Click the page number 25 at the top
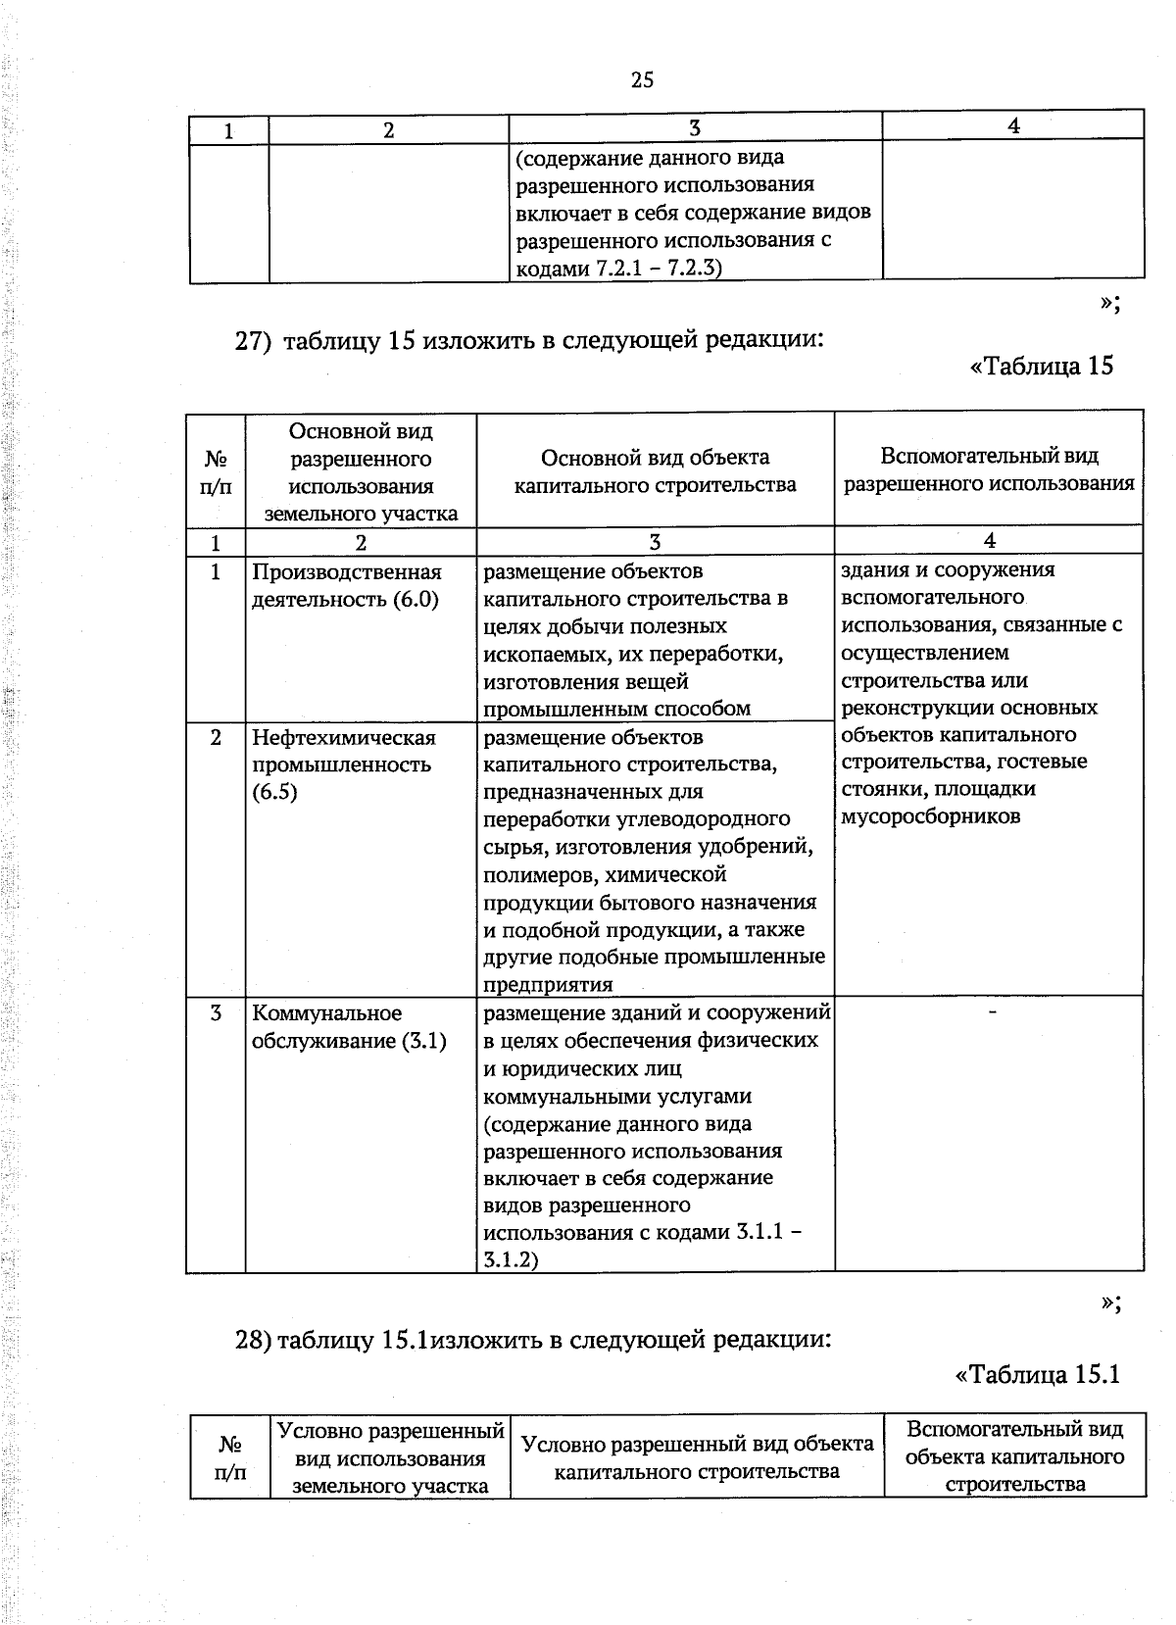(x=642, y=80)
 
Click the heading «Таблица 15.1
(x=1037, y=1374)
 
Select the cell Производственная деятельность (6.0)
(x=346, y=585)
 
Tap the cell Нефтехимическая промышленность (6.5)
(x=342, y=764)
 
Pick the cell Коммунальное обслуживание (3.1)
(x=348, y=1026)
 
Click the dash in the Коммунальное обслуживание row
(x=993, y=1010)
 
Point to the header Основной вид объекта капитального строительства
(x=655, y=470)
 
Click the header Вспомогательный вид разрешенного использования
(x=989, y=469)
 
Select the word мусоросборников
(x=930, y=816)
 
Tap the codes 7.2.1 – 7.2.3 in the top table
(x=658, y=268)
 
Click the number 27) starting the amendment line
(x=252, y=340)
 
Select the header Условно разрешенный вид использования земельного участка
(x=390, y=1458)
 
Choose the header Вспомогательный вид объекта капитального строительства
(x=1014, y=1456)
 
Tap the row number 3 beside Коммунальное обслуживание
(x=215, y=1012)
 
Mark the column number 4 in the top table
(x=1013, y=125)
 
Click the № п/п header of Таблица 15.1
(x=230, y=1458)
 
